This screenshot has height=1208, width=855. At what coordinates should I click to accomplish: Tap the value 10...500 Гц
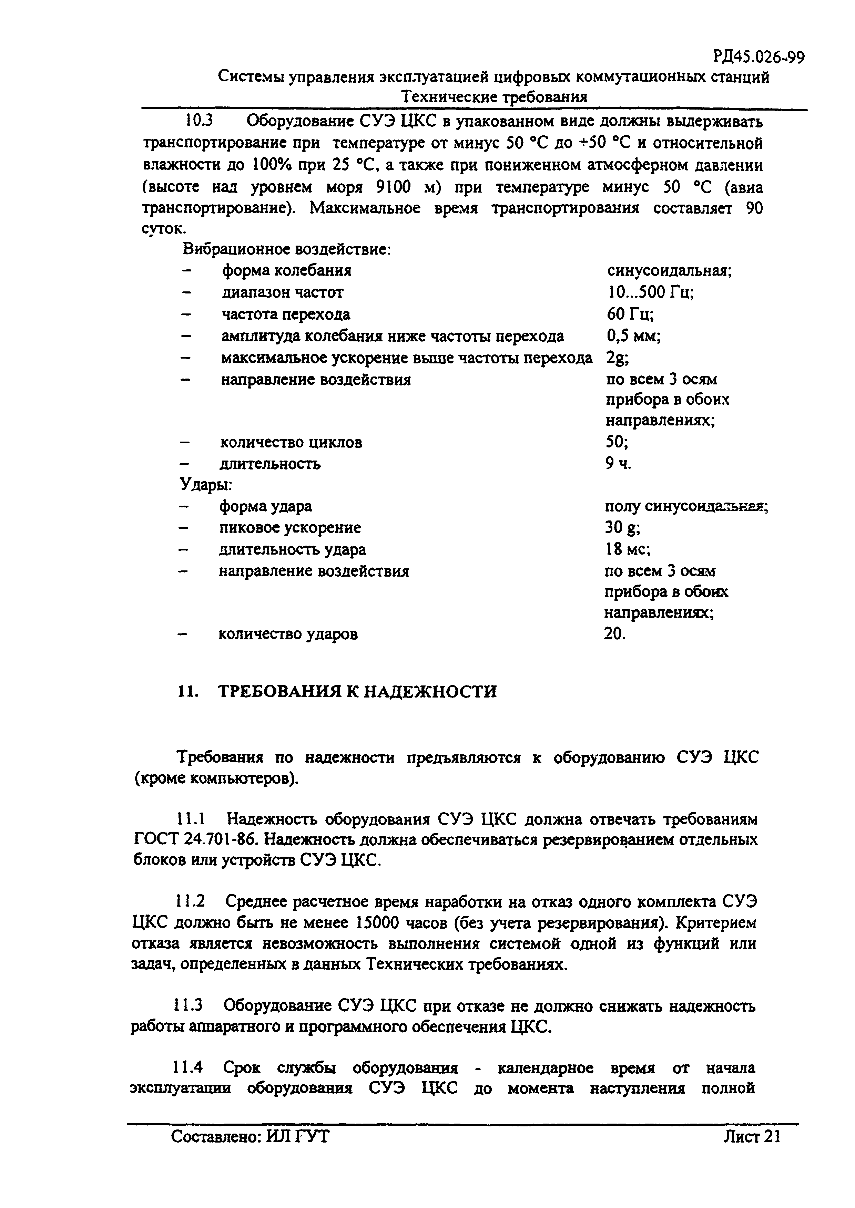[650, 292]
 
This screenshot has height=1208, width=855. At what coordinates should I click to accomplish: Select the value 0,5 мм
[633, 336]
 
